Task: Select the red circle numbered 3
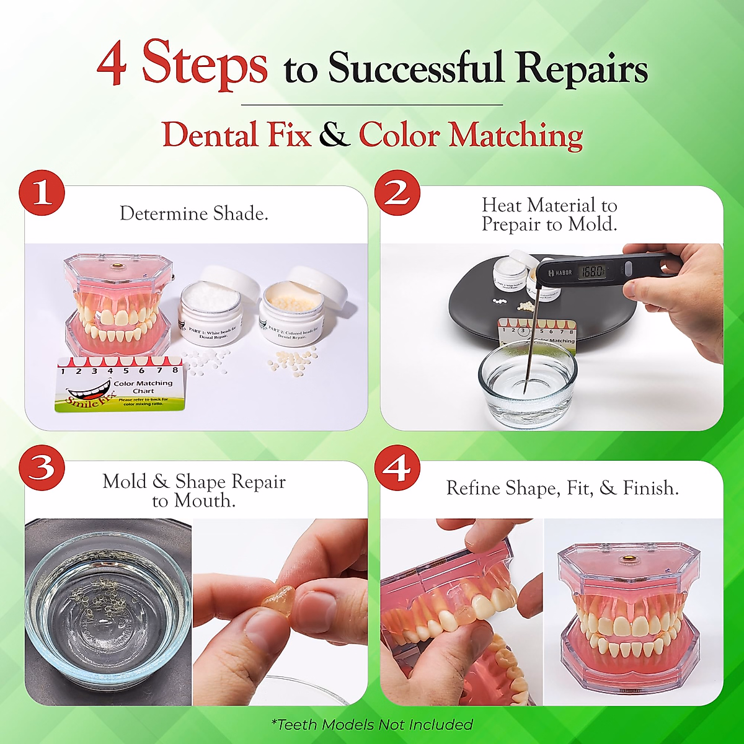[42, 467]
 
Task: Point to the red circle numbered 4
[397, 467]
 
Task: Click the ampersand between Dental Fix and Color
[335, 135]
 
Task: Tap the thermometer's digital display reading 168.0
[593, 272]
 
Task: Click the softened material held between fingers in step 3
[277, 601]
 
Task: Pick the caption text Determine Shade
[194, 214]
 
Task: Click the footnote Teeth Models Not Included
[372, 724]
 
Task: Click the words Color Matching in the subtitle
[471, 135]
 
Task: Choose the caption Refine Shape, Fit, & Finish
[562, 489]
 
